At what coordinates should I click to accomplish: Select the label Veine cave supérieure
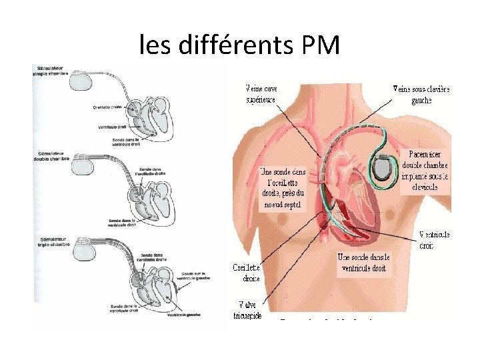(x=261, y=94)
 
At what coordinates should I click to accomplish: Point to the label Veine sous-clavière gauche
(x=421, y=94)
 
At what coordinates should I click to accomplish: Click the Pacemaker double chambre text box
(x=425, y=171)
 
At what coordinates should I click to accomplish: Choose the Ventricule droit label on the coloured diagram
(x=435, y=240)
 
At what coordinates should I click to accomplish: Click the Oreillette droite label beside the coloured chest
(x=246, y=273)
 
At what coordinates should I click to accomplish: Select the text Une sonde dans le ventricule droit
(x=363, y=263)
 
